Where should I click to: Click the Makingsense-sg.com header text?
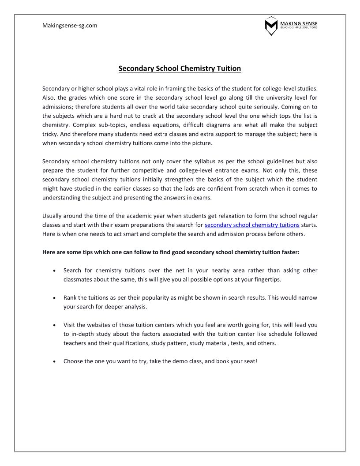70,26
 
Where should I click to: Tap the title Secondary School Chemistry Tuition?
180,68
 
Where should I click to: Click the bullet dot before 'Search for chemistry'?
54,271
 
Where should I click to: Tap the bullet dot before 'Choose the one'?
54,361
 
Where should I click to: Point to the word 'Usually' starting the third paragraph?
52,216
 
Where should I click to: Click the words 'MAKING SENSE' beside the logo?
299,23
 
